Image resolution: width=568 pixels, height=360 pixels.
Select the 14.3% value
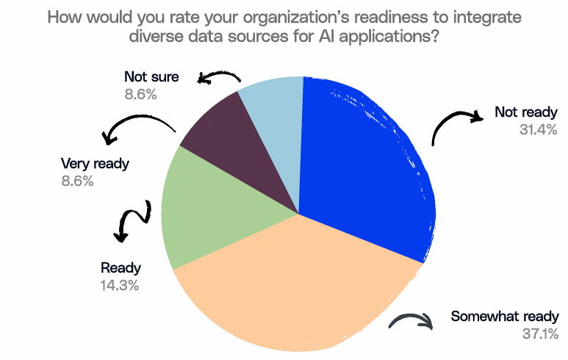120,284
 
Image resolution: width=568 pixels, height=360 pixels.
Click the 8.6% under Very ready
78,181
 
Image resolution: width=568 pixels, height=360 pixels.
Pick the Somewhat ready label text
505,317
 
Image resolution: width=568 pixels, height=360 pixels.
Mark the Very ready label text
95,163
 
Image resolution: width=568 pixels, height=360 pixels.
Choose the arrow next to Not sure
221,78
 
